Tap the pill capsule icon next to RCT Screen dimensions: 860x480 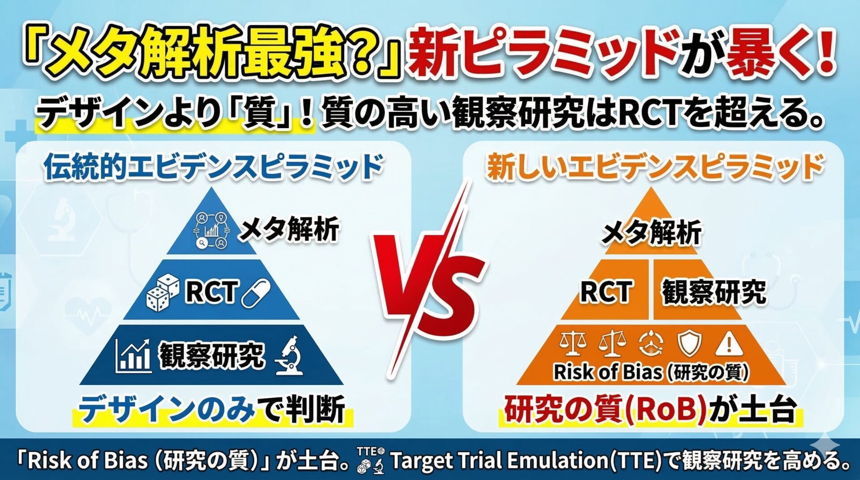(x=256, y=293)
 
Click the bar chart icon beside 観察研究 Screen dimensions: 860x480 (x=133, y=356)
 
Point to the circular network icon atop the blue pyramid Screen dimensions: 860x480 (x=211, y=230)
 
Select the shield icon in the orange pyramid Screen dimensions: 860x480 (x=689, y=344)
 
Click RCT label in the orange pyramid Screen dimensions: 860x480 (x=606, y=291)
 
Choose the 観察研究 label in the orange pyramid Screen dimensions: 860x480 (x=714, y=292)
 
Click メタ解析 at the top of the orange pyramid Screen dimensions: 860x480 (x=652, y=233)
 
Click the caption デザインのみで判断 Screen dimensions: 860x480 (x=212, y=409)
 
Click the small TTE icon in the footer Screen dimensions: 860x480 (x=370, y=460)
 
